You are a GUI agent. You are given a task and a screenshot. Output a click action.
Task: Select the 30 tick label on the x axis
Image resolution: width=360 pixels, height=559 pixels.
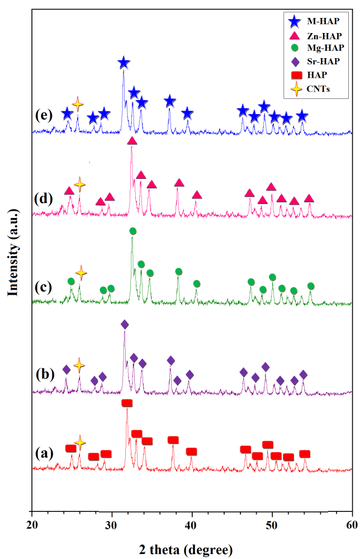112,526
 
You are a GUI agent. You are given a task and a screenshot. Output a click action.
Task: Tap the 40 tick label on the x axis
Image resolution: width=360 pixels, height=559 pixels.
192,526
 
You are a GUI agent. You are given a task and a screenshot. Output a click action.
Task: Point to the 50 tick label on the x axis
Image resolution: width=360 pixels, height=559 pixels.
272,526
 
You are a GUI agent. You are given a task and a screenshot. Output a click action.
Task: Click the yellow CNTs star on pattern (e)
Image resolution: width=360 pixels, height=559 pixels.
78,103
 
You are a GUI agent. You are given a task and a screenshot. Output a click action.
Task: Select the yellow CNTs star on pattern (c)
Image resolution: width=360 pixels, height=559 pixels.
81,273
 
